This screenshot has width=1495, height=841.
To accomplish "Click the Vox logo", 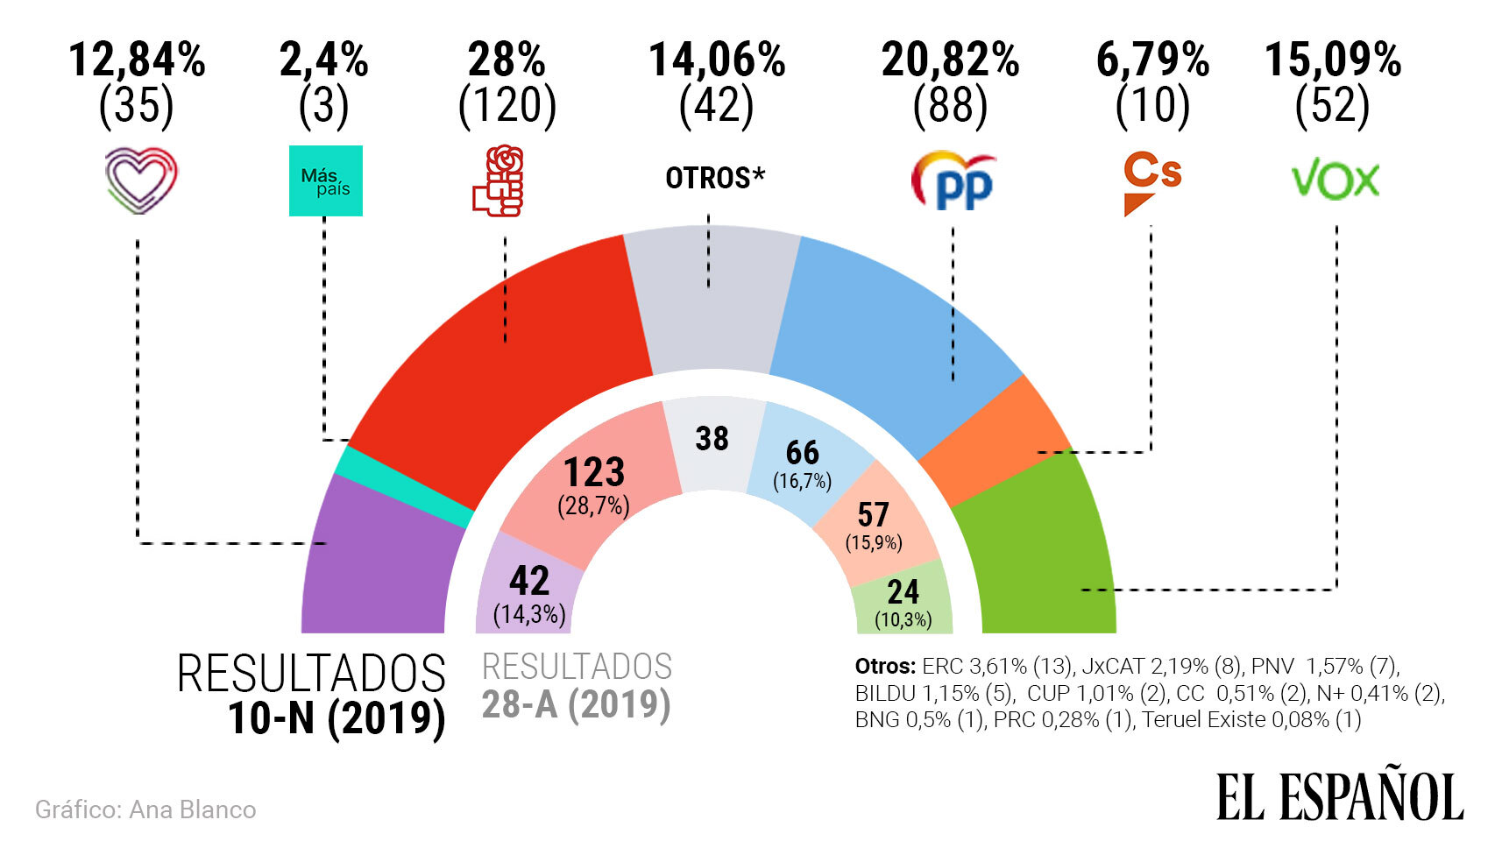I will click(x=1335, y=180).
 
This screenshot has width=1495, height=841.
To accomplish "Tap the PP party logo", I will click(x=953, y=180).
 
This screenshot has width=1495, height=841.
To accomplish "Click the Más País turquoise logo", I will click(x=325, y=180).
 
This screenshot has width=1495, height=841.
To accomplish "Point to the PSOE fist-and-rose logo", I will click(x=499, y=181).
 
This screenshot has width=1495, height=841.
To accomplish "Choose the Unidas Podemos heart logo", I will click(x=140, y=180).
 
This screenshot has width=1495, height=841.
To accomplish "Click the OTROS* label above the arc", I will click(x=714, y=178).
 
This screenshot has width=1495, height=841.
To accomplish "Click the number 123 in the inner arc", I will click(x=594, y=473).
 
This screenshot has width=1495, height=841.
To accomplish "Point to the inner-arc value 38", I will click(x=712, y=438).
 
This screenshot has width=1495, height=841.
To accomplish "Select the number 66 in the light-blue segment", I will click(x=802, y=453).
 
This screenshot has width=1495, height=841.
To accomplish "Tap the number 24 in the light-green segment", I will click(x=903, y=593).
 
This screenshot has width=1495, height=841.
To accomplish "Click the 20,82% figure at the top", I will click(x=950, y=60).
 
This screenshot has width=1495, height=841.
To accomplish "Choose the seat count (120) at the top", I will click(x=507, y=106).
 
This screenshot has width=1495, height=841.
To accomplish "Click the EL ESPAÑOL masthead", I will click(x=1339, y=796).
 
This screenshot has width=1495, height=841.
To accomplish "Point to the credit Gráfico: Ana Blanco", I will click(x=145, y=809).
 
